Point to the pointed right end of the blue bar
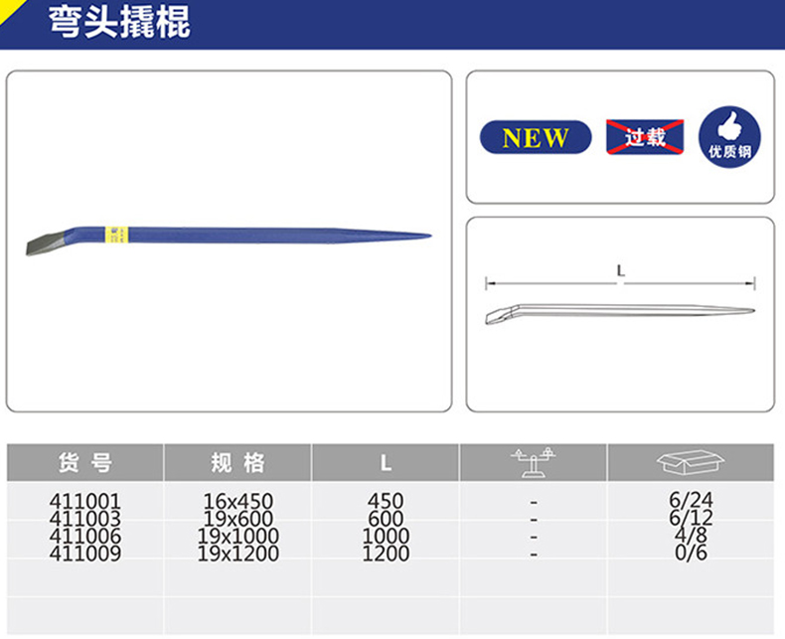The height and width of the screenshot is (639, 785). coord(422,237)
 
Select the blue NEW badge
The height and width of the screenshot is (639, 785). coord(536,138)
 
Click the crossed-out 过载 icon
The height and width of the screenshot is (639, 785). coord(645,137)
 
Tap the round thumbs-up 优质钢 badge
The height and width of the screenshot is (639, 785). coord(729,138)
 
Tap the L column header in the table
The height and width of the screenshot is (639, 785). coord(385,463)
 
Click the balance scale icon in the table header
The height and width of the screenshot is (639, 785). coord(533,462)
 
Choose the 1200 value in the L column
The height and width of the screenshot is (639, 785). coord(386,554)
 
